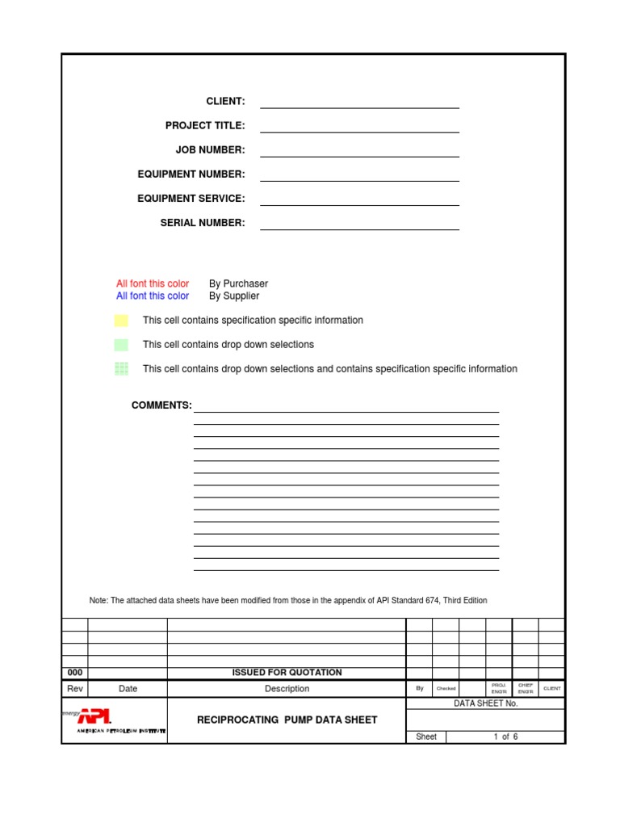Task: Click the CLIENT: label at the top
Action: (225, 101)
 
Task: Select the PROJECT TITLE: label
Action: (205, 125)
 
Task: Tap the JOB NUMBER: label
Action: (210, 149)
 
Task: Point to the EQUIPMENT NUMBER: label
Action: (191, 174)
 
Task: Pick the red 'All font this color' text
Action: (153, 283)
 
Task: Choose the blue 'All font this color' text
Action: (153, 296)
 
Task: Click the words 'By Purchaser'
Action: (238, 283)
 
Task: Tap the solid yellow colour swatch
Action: (121, 321)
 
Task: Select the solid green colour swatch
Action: (121, 345)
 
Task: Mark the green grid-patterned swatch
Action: (121, 369)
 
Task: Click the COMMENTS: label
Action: (161, 405)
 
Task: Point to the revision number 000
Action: (75, 673)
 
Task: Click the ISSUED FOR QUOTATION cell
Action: (287, 673)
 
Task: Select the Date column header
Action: (128, 689)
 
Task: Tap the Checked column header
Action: (446, 689)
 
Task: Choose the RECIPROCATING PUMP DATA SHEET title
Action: (287, 720)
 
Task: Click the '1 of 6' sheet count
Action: (505, 737)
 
